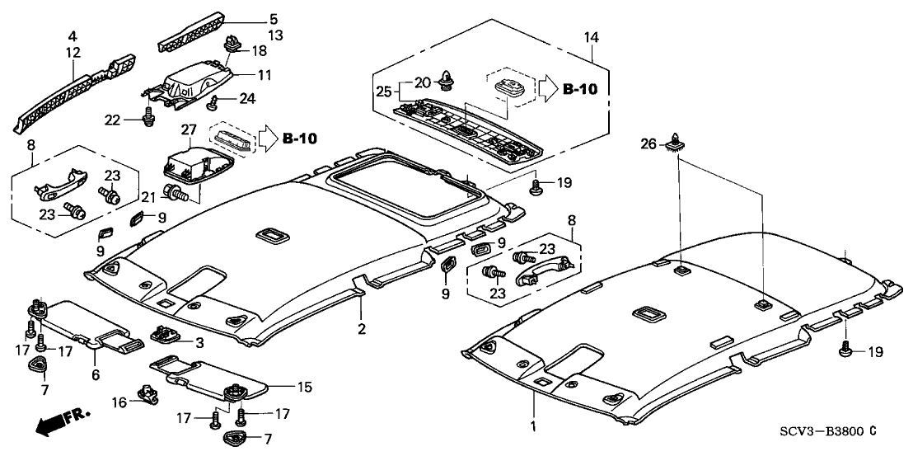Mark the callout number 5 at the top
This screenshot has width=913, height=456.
tap(250, 17)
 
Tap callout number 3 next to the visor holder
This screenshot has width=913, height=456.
tap(199, 341)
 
